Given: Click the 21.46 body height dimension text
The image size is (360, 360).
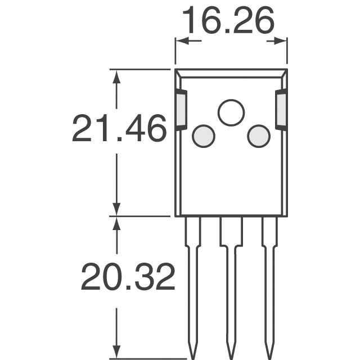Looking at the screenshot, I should pyautogui.click(x=119, y=129).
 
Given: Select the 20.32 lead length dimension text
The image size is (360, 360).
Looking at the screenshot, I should pyautogui.click(x=128, y=277).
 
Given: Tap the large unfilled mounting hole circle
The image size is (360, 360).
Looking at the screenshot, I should pyautogui.click(x=231, y=112).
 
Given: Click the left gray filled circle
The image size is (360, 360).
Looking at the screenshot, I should pyautogui.click(x=203, y=136).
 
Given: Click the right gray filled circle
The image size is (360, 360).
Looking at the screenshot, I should pyautogui.click(x=259, y=136).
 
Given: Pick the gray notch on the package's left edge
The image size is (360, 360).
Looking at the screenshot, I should pyautogui.click(x=181, y=110).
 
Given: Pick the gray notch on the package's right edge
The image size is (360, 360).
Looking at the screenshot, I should pyautogui.click(x=281, y=110).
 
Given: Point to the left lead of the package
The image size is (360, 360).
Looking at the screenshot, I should pyautogui.click(x=192, y=281).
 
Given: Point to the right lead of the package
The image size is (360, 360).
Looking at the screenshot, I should pyautogui.click(x=269, y=281).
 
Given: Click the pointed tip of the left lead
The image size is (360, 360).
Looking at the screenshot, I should pyautogui.click(x=192, y=353).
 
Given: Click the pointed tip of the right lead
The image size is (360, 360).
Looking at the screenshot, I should pyautogui.click(x=269, y=353).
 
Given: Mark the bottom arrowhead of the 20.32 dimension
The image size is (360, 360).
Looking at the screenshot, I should pyautogui.click(x=116, y=351).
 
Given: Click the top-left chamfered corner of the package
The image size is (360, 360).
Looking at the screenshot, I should pyautogui.click(x=178, y=73).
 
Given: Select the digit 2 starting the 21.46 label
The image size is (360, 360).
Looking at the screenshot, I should pyautogui.click(x=83, y=129).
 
